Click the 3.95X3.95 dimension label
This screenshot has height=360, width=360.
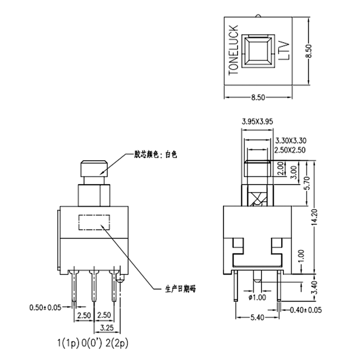click(x=257, y=121)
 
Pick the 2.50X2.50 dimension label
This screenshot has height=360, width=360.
click(x=290, y=150)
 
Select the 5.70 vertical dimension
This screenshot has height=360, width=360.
click(x=307, y=184)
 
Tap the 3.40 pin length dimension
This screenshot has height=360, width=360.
click(x=315, y=287)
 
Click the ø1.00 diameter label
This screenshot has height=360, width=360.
click(x=257, y=297)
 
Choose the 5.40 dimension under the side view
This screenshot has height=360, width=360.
click(x=257, y=318)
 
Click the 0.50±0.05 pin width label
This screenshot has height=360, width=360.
click(x=45, y=308)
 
